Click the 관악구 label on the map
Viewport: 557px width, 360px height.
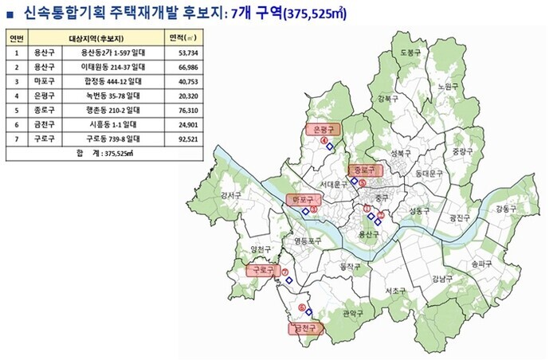[x=351, y=313]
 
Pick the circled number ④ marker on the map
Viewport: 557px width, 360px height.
[x=325, y=141]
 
